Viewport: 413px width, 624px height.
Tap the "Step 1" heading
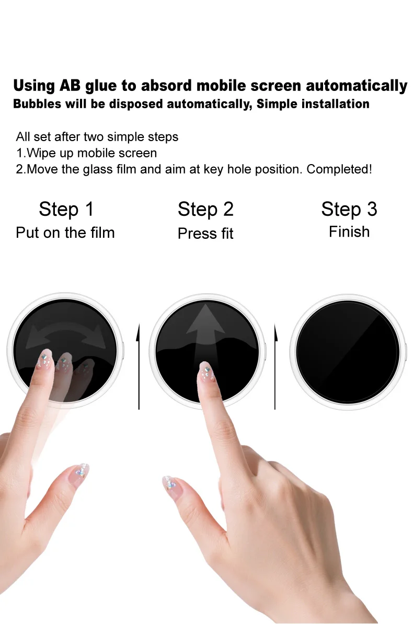tap(66, 210)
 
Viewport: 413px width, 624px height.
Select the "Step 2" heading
tap(205, 210)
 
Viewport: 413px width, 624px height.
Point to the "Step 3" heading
tap(349, 210)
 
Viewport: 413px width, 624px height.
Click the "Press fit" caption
tap(205, 234)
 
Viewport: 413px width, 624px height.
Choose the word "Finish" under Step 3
tap(349, 232)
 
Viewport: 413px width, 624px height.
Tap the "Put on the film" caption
tap(65, 233)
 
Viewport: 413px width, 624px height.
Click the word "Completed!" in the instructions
tap(339, 169)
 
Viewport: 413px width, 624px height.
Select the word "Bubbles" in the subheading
tap(38, 104)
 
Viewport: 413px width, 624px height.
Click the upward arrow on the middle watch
tap(205, 334)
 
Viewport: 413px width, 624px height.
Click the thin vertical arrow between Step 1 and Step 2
tap(139, 366)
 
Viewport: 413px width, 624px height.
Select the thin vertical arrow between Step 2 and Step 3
tap(275, 366)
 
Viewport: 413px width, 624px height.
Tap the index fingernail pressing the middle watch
tap(206, 372)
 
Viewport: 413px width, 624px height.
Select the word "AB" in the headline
tap(70, 86)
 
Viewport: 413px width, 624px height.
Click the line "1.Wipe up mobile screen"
tap(86, 153)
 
